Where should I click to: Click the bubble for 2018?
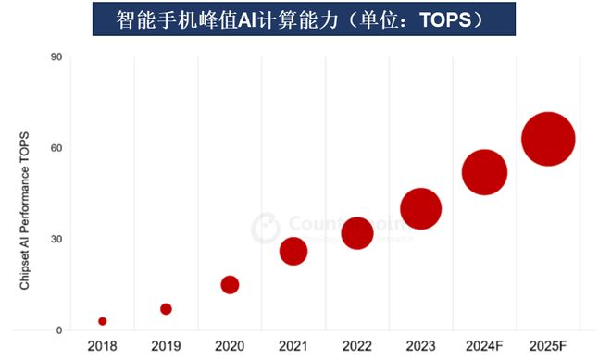102,321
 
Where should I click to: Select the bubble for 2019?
166,309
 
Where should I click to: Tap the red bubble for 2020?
230,284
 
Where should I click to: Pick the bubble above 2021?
293,251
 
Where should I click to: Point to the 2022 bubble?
357,233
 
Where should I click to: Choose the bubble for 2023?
420,208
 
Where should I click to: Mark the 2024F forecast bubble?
484,172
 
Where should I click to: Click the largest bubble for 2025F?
548,139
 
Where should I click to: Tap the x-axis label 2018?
102,346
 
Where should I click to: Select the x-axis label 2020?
230,346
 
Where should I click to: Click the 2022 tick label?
357,346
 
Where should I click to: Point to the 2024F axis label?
484,346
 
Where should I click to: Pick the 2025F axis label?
548,346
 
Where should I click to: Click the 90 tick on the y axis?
56,57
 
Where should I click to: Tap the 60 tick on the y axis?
56,148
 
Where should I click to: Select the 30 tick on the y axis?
56,239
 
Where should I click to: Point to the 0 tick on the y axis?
58,329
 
